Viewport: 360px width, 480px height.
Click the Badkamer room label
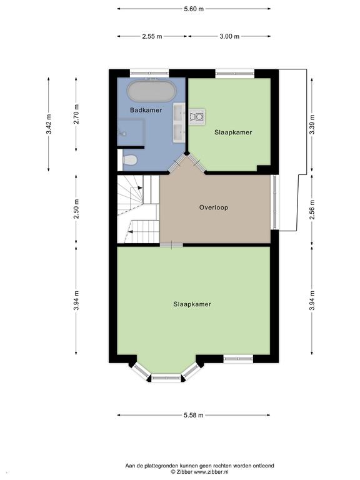pos(146,110)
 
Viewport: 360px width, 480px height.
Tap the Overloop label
pos(214,207)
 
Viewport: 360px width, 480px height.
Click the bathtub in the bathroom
pos(152,91)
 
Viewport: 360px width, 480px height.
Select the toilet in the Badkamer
pos(130,159)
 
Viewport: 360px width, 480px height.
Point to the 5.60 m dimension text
pos(194,9)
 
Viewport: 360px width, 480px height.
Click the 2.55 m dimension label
pos(152,36)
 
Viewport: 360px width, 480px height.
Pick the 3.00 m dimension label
pos(229,36)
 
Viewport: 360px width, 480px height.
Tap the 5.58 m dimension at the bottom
pos(194,416)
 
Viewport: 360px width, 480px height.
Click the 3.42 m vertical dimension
pos(49,124)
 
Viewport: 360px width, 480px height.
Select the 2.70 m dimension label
pos(76,114)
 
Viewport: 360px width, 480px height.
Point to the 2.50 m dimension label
pos(76,209)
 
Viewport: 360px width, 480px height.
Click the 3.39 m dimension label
pos(312,124)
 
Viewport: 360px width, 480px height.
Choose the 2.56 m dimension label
pos(312,210)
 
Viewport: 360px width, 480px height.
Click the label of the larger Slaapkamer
pos(192,304)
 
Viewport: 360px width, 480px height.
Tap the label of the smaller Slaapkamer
pos(233,132)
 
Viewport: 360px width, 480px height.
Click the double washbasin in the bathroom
pos(179,122)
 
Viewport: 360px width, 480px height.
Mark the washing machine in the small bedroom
pos(197,117)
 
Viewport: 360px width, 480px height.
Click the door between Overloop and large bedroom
pos(171,245)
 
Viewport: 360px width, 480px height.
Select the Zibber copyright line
pos(199,472)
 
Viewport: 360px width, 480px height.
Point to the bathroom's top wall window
pos(149,74)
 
